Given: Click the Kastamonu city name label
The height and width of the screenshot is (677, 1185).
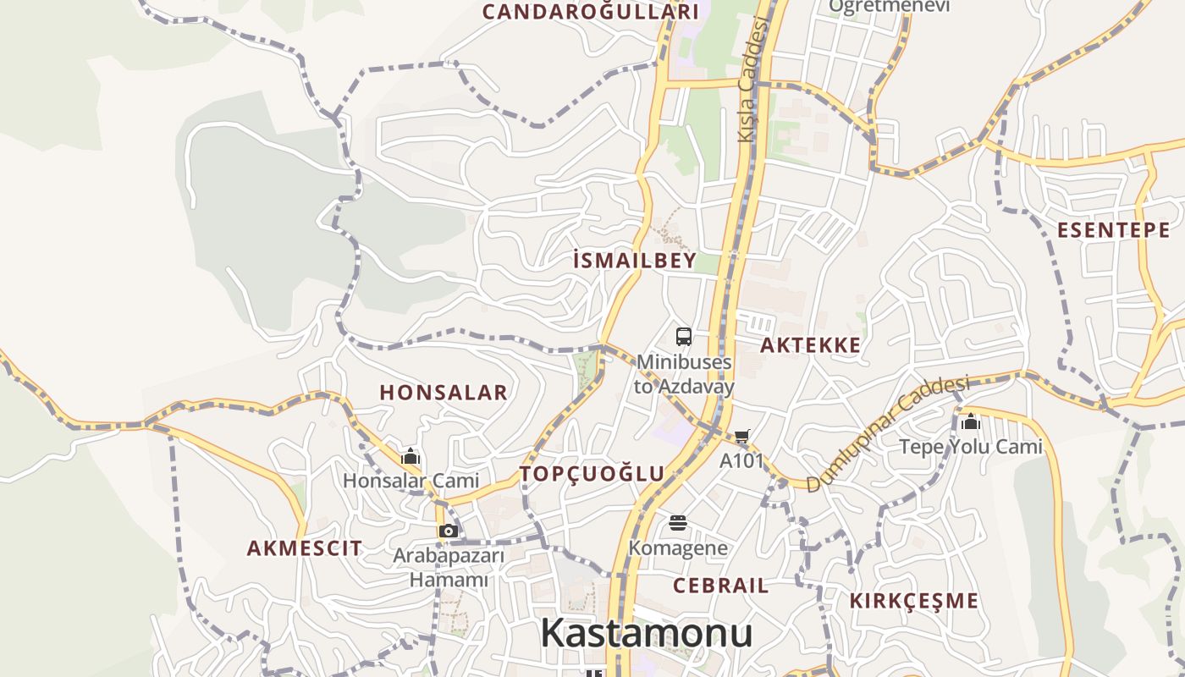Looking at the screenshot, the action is click(x=646, y=633).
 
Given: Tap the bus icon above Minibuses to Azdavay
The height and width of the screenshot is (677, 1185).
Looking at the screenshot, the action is click(x=684, y=336).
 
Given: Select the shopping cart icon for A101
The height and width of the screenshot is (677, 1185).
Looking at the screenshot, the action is click(x=742, y=437).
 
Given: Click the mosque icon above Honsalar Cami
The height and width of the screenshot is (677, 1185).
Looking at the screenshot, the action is click(x=411, y=457).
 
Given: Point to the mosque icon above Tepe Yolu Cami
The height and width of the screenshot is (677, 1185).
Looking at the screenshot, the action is click(x=970, y=421).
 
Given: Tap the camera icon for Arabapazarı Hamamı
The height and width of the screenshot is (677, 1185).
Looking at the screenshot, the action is click(x=449, y=531).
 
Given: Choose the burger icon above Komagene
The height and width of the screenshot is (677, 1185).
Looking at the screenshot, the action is click(x=677, y=523).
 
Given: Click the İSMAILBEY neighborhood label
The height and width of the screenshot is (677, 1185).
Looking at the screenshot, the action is click(x=634, y=261).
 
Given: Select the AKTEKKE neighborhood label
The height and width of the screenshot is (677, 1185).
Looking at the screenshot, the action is click(x=810, y=345).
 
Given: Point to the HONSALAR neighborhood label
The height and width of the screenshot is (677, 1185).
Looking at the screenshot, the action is click(x=444, y=393).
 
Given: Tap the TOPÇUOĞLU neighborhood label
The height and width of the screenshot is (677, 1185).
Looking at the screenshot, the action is click(x=592, y=474).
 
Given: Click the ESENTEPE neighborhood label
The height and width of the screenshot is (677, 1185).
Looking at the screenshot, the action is click(x=1113, y=230).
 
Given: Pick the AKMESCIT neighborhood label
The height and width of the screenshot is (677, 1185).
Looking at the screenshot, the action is click(x=305, y=548).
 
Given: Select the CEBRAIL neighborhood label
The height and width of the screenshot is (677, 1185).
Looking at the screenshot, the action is click(x=721, y=586).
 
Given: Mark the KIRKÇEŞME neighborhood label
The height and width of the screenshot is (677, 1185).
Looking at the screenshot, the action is click(x=914, y=601).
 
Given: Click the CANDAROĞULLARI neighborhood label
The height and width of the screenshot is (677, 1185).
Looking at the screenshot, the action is click(x=591, y=12).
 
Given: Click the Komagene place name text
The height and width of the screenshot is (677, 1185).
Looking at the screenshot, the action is click(x=678, y=548).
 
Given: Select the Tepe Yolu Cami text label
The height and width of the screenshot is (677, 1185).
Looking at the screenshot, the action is click(x=970, y=447).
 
